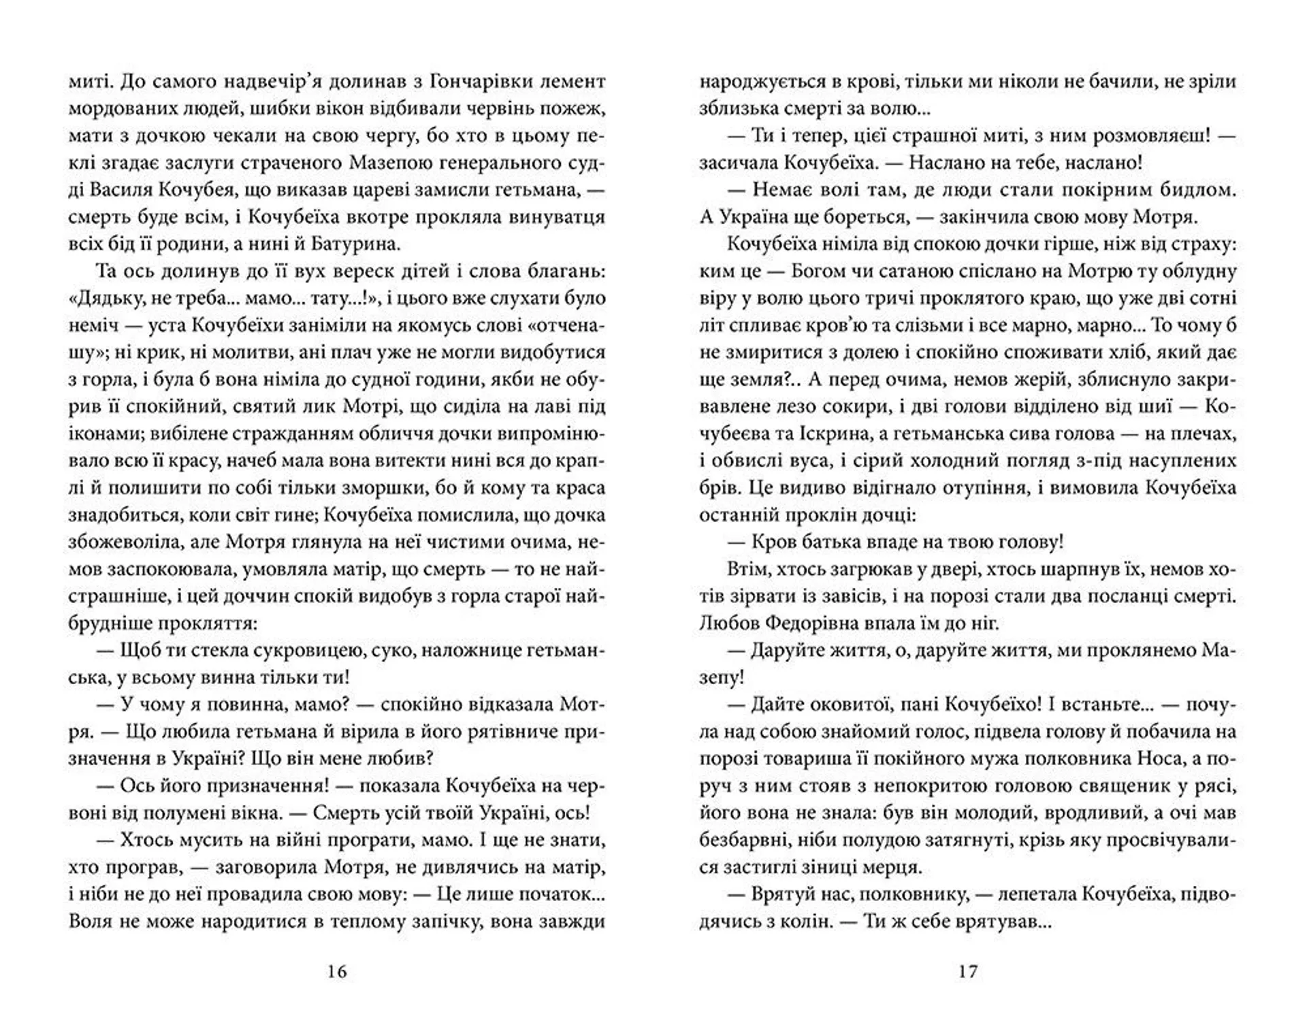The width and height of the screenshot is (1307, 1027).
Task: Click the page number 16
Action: (337, 971)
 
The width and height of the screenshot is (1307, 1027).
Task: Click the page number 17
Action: (967, 971)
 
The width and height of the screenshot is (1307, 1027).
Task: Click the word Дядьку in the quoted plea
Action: (117, 298)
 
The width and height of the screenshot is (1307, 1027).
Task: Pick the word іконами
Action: (101, 434)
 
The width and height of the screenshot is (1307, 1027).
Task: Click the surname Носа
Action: (1155, 759)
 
